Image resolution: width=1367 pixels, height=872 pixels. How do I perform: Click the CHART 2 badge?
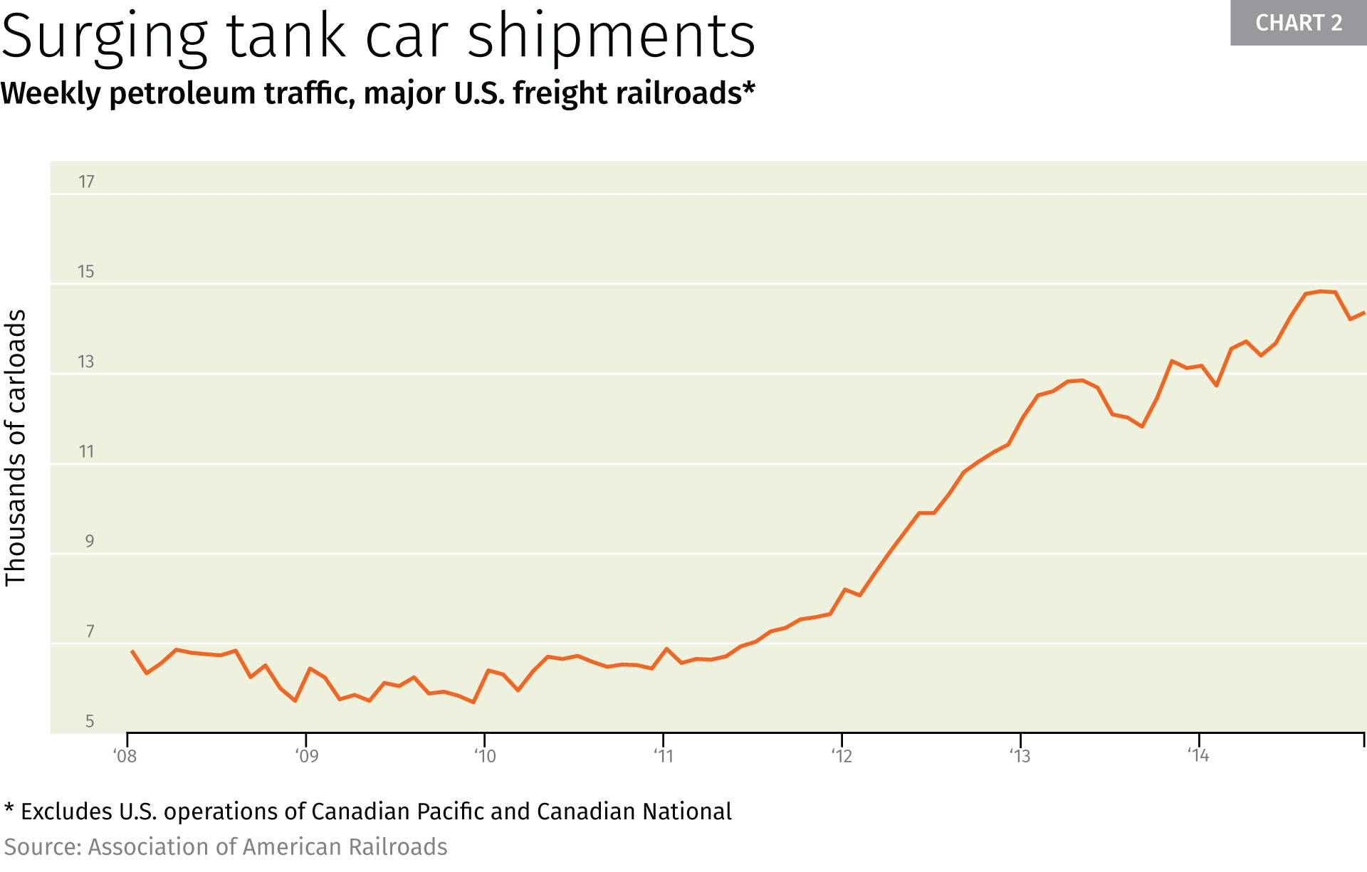pos(1298,23)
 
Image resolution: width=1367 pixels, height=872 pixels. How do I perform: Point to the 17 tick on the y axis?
pos(86,182)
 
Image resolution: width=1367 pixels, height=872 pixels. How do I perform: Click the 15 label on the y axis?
pos(86,272)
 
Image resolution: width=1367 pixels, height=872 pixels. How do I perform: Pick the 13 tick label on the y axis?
pos(86,362)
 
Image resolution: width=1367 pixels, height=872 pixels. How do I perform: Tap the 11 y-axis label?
pos(86,452)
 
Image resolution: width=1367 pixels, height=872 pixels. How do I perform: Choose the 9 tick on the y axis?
pos(90,542)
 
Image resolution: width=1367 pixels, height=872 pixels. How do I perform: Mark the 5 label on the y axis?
pos(90,722)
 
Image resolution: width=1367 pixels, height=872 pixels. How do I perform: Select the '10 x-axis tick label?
pos(485,756)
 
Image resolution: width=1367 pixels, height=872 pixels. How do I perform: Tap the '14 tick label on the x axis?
pos(1198,755)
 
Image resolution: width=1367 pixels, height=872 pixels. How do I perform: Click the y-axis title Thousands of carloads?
pos(16,448)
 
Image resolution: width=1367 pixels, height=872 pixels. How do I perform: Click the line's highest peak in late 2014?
pos(1320,291)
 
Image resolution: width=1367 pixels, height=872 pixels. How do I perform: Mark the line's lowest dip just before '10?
pos(473,703)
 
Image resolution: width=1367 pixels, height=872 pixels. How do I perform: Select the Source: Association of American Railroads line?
pos(226,847)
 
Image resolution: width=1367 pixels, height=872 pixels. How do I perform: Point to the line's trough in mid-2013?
pos(1142,426)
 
